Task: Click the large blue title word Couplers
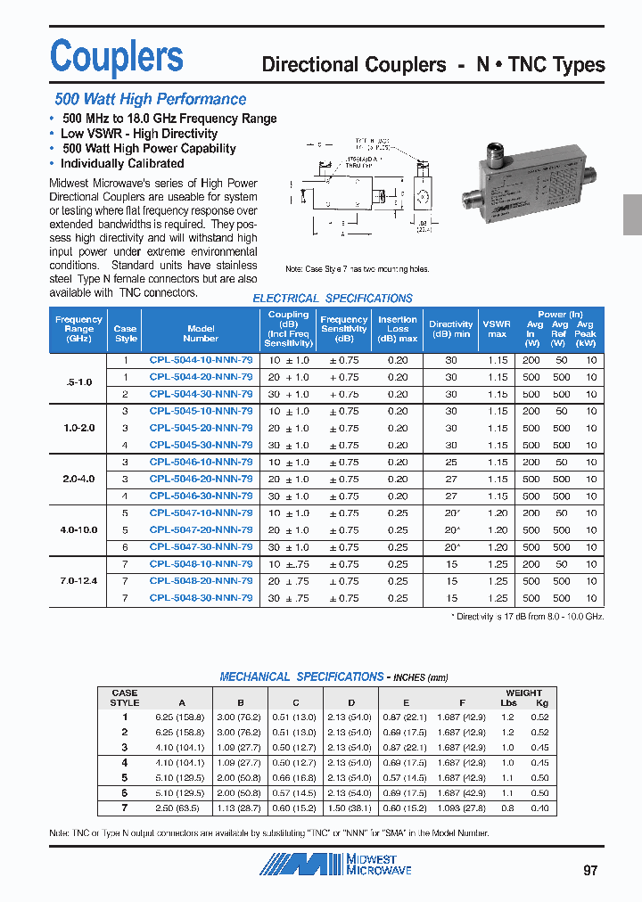point(117,56)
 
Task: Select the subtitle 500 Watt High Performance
point(150,100)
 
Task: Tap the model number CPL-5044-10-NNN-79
point(201,360)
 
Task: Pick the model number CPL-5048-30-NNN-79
point(201,598)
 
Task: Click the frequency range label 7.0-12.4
point(78,581)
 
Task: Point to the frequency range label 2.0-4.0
point(78,479)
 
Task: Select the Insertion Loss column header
point(397,329)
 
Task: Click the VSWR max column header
point(497,329)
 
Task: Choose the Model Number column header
point(201,333)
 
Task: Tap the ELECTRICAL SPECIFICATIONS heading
point(333,299)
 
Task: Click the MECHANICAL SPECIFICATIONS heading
point(301,677)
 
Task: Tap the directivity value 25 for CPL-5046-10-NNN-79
point(450,463)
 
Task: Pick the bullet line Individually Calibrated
point(122,164)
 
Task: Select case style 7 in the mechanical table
point(125,808)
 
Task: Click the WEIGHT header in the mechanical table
point(523,693)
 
